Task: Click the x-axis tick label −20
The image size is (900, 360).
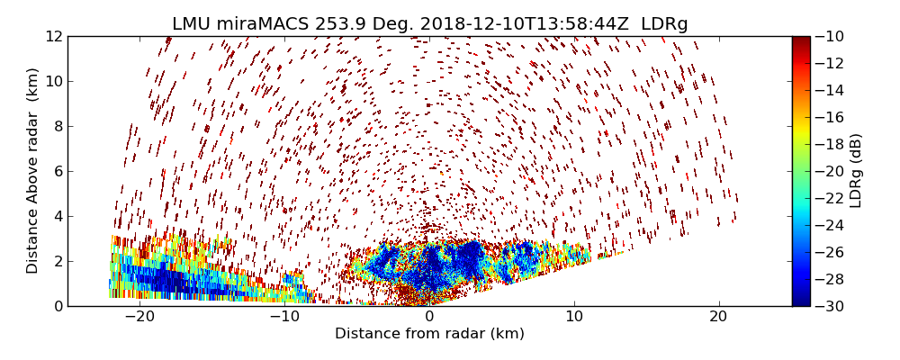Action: [139, 317]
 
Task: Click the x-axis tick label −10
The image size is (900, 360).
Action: [284, 317]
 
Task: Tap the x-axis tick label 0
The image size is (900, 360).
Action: [429, 317]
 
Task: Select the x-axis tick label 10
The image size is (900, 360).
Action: [574, 317]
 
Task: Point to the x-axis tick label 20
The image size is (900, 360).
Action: [718, 317]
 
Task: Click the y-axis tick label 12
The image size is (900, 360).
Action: [53, 36]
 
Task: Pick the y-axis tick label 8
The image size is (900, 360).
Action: [57, 126]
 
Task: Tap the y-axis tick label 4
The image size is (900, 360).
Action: [57, 216]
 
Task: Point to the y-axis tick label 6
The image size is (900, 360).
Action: [57, 171]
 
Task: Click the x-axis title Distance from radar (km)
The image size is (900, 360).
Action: [429, 334]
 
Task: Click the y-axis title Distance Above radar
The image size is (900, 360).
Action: [33, 171]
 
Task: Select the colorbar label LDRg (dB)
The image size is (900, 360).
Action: [856, 171]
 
